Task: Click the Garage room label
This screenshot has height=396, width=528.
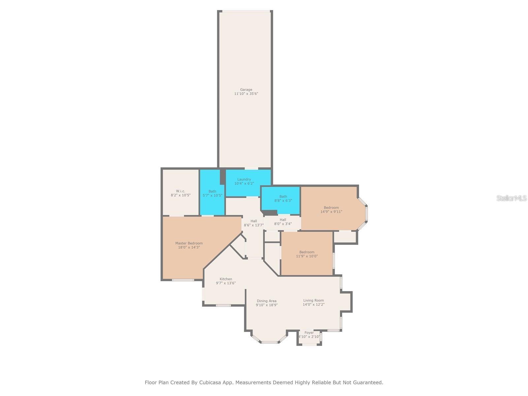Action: point(246,89)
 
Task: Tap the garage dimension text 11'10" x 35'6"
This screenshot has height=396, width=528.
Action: point(246,94)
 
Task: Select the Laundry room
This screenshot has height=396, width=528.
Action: point(244,181)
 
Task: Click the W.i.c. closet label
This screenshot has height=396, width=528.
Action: point(181,191)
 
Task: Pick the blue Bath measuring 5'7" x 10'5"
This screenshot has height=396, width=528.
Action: point(212,193)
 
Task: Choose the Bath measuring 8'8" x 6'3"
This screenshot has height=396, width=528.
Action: point(283,198)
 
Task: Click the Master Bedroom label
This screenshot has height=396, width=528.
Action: point(189,243)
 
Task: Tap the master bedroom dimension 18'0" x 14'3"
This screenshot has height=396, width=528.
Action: point(189,247)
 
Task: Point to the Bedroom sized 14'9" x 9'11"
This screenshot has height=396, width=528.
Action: point(331,210)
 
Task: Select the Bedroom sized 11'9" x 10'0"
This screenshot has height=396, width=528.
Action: point(307,254)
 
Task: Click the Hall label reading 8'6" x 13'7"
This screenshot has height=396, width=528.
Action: point(253,223)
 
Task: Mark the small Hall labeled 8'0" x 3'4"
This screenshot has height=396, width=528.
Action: point(283,222)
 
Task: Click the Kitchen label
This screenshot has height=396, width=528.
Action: point(226,279)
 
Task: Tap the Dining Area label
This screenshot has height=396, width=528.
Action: point(266,301)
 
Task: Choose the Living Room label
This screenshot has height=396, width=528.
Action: point(313,300)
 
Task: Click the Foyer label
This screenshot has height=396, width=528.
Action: point(309,333)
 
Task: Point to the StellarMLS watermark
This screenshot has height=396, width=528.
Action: point(511,198)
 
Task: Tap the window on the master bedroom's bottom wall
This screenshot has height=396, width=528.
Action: point(183,280)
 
